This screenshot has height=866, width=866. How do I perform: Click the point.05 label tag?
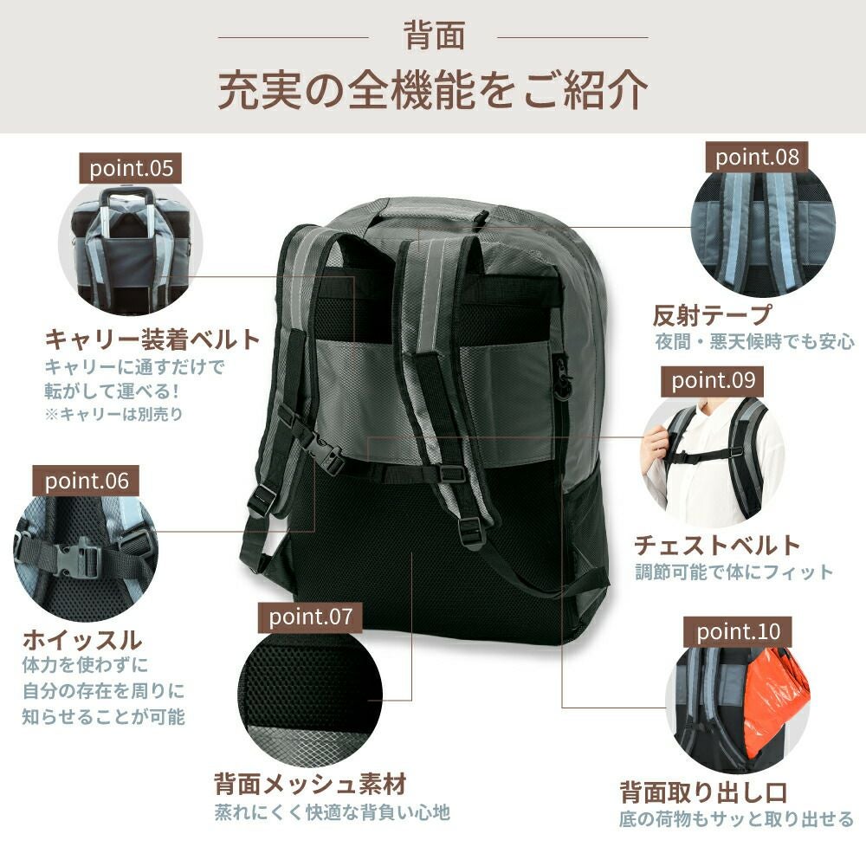[x=131, y=169]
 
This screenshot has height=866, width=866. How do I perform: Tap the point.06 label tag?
[x=86, y=481]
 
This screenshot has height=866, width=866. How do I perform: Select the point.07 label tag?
[x=310, y=617]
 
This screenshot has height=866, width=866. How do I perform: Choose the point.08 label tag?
[x=757, y=158]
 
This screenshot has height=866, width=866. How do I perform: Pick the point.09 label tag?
[x=713, y=381]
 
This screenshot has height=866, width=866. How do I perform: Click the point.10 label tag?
[x=738, y=632]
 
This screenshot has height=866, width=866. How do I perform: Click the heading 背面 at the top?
[x=434, y=36]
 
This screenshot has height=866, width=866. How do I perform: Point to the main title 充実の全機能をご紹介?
[x=433, y=89]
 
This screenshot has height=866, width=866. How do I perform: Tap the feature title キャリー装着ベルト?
[x=152, y=339]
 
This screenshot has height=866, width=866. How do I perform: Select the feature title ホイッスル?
[x=82, y=640]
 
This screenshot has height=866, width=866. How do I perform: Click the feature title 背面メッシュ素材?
[x=311, y=783]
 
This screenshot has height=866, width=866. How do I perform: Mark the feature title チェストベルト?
[x=717, y=545]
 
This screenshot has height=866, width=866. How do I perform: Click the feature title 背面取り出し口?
[x=703, y=792]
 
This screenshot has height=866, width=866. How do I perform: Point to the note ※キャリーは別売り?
[x=113, y=414]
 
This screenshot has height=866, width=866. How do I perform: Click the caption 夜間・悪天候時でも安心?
[x=755, y=342]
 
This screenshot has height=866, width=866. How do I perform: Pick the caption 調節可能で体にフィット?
[x=734, y=572]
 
